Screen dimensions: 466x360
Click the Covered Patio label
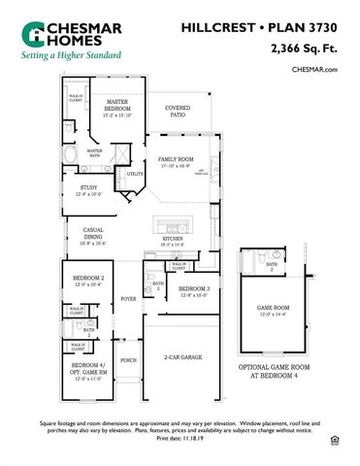tap(178, 111)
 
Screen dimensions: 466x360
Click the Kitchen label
tap(173, 239)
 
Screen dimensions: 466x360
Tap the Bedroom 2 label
tap(87, 280)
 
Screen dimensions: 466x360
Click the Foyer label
tap(128, 300)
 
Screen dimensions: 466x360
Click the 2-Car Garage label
tap(184, 357)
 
